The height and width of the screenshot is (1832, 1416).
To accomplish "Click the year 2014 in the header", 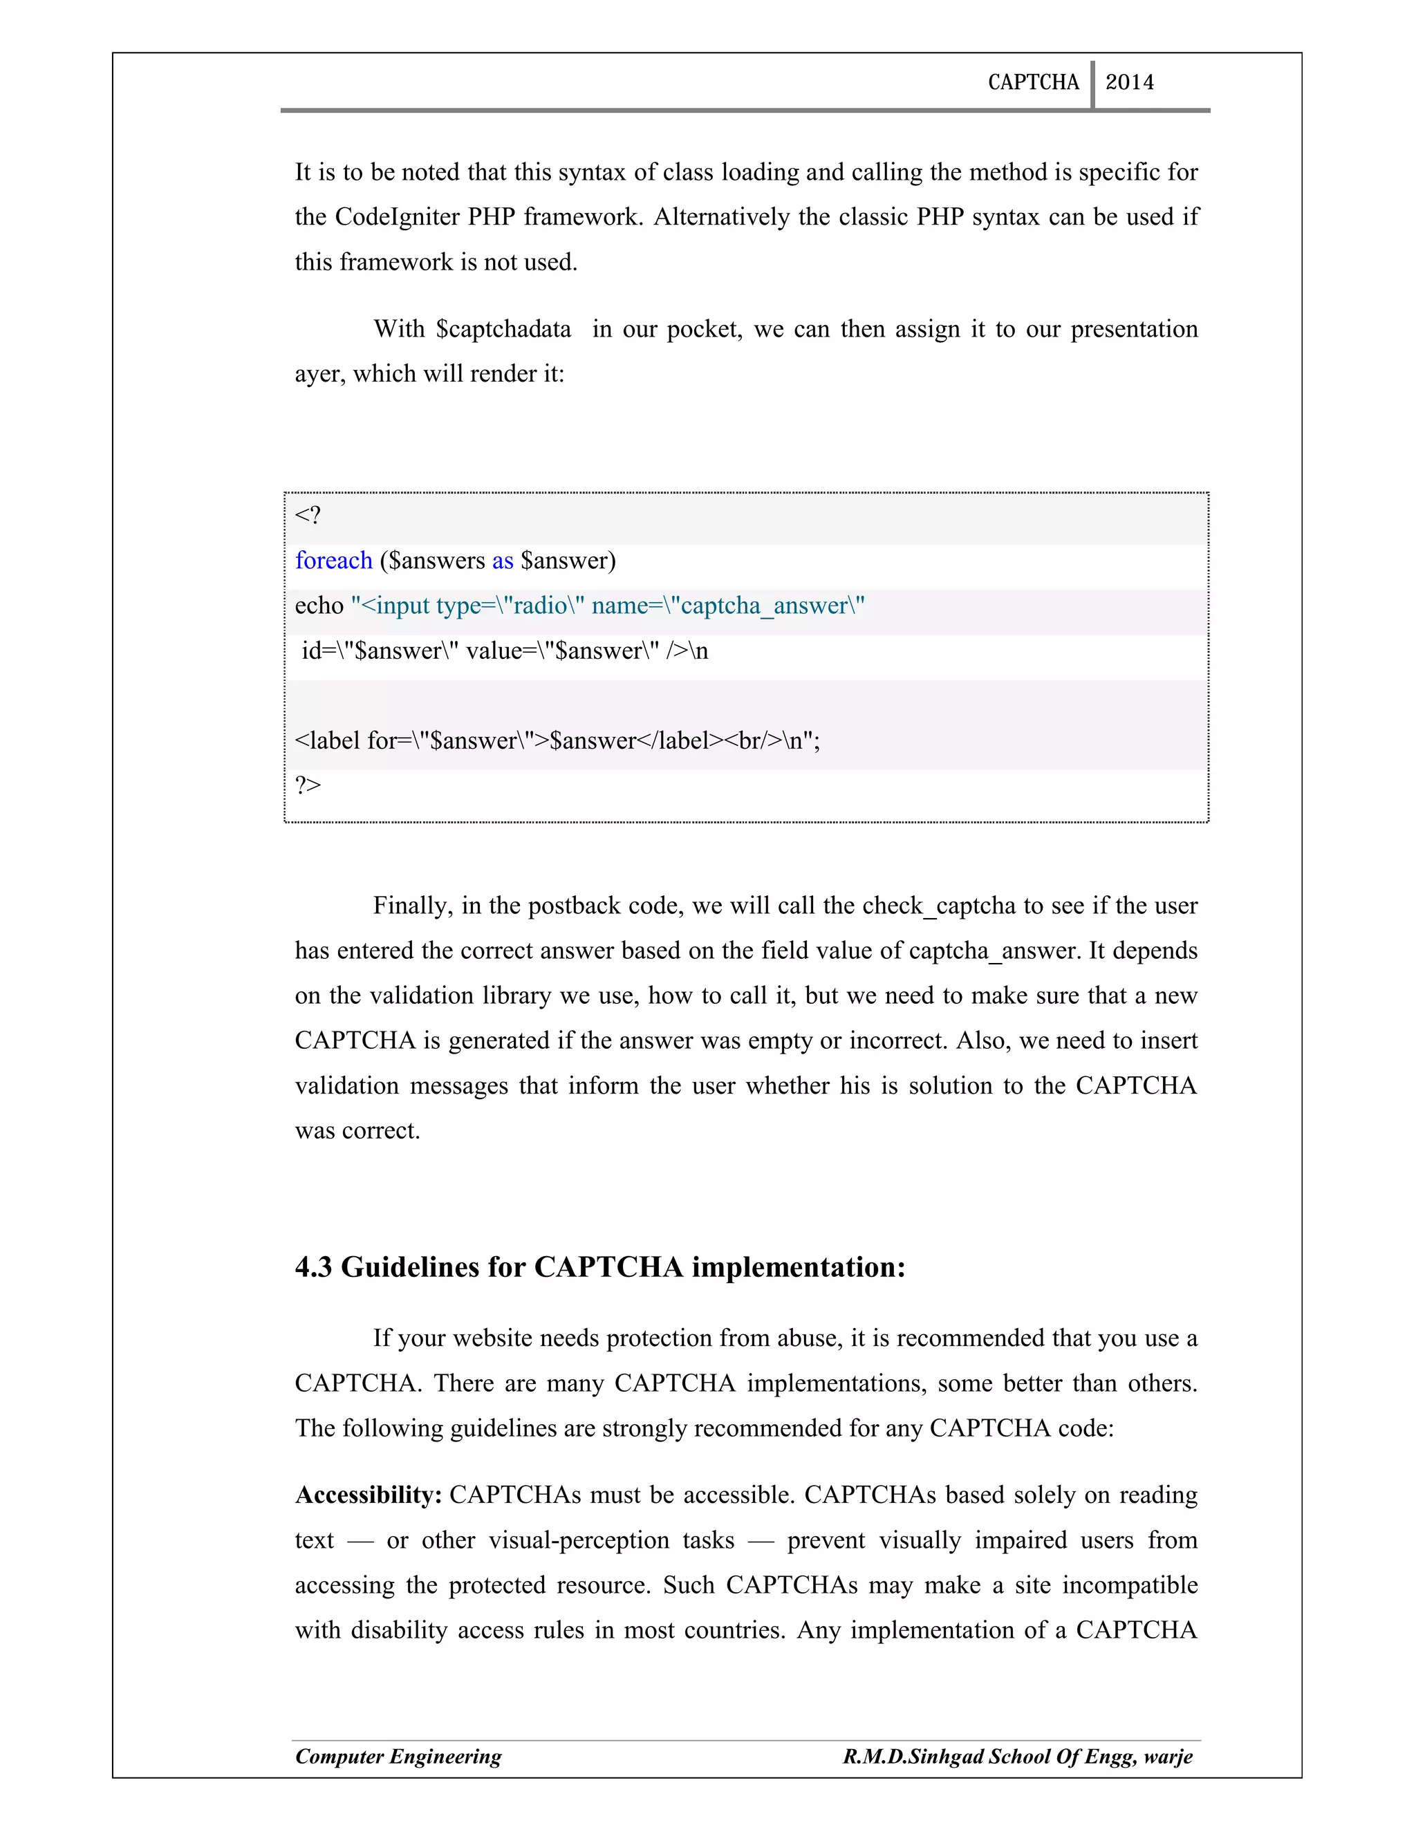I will (x=1129, y=82).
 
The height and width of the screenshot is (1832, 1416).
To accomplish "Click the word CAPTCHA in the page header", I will (x=1033, y=82).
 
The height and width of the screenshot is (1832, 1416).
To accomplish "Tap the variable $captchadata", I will (x=503, y=329).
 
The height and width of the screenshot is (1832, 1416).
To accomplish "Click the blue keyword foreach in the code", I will (x=333, y=561).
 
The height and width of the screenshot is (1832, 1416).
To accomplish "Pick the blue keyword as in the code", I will (x=503, y=561).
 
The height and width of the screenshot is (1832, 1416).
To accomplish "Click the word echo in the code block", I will (x=319, y=606).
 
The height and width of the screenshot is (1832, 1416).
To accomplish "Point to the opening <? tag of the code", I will (x=307, y=515).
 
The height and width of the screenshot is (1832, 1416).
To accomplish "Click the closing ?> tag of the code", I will (x=307, y=785).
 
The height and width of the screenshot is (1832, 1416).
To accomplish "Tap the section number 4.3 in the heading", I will (x=314, y=1267).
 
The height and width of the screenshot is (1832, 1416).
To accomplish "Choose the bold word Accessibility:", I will (x=369, y=1495).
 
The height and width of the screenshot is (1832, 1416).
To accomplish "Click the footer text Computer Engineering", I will (x=398, y=1757).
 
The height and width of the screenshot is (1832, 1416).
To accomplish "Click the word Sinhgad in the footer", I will (x=944, y=1757).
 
